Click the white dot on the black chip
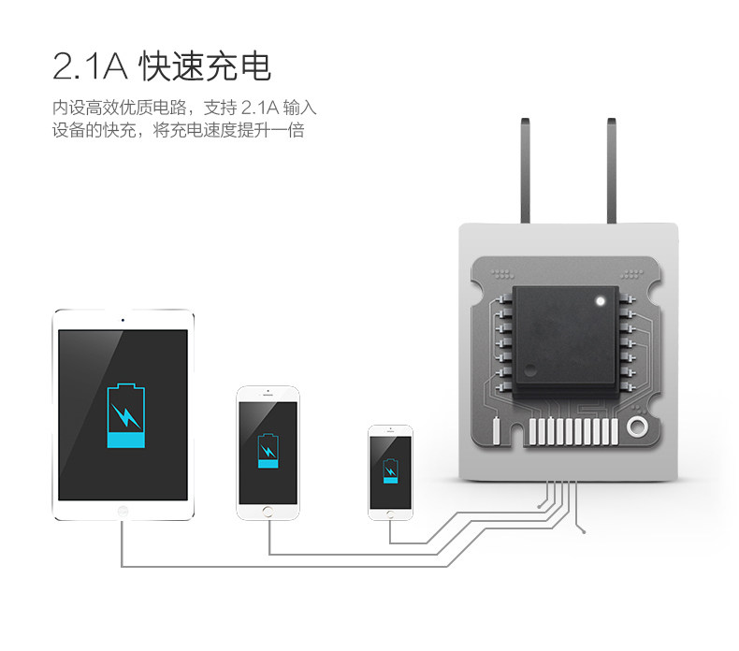(x=600, y=301)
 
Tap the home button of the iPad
(x=123, y=511)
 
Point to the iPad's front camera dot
(x=123, y=319)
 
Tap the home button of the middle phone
(x=268, y=511)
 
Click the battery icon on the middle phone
(x=268, y=452)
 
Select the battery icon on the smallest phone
(x=390, y=470)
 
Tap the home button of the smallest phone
(x=390, y=514)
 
